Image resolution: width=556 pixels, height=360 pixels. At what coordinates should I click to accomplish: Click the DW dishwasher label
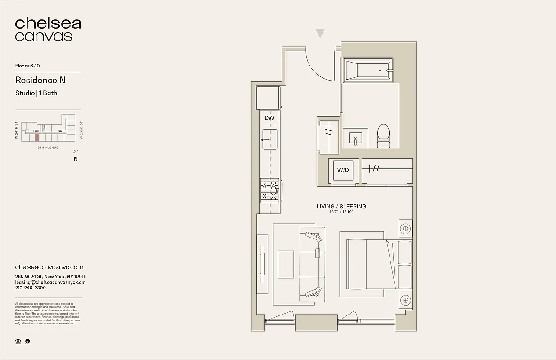pos(269,118)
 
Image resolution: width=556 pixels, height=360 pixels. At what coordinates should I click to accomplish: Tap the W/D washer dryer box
pos(344,171)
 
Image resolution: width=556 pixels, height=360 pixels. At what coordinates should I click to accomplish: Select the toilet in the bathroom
pos(384,135)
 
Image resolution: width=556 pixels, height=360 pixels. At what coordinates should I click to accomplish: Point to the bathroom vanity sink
pos(355,138)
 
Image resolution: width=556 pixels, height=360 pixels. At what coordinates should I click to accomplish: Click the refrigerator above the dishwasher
pos(268,97)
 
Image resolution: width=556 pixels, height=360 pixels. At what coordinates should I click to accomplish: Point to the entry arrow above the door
pos(320,33)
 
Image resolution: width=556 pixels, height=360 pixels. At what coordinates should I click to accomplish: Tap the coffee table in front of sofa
pos(285,265)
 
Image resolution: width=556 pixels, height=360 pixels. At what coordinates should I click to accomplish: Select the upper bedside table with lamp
pos(405,229)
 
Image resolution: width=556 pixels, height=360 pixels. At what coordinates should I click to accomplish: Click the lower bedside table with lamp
pos(405,299)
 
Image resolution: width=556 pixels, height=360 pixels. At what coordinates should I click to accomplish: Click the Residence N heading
pos(40,81)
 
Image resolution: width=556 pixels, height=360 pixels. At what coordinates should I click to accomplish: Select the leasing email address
pos(50,282)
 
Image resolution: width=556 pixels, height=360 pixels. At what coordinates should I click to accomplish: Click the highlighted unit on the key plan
pos(37,137)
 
